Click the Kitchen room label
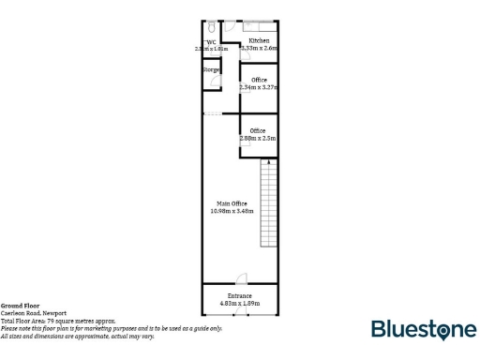259,41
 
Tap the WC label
212,41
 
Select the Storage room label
211,69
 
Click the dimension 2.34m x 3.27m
259,87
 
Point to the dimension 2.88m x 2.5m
258,138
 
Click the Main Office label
232,203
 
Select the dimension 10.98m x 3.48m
232,211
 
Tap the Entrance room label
239,296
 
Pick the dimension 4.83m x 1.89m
239,304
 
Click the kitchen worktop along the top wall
259,24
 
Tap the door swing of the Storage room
217,82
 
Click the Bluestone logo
424,329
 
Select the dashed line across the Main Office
214,114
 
